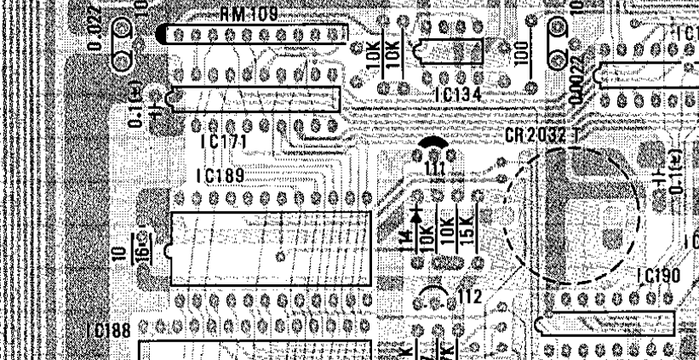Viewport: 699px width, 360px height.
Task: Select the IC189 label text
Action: coord(220,176)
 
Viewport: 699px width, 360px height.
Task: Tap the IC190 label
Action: coord(658,274)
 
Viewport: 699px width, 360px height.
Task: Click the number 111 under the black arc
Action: coord(435,170)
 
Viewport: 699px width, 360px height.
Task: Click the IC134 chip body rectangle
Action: coord(447,54)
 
